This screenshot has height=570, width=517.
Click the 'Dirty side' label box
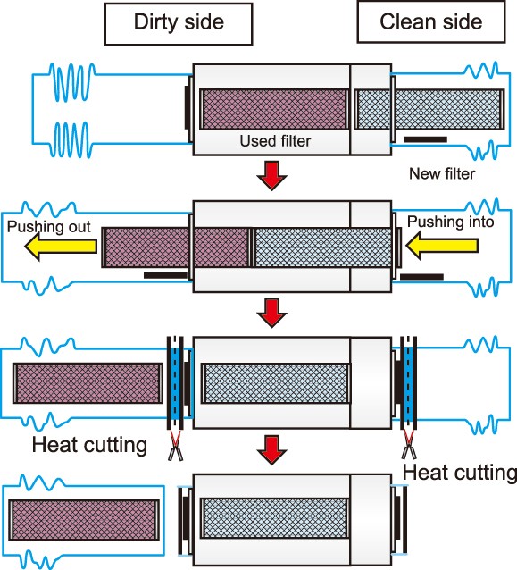click(179, 24)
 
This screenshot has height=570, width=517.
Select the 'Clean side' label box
click(431, 22)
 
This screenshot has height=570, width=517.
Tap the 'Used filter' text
click(275, 141)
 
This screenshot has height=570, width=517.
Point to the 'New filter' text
click(442, 173)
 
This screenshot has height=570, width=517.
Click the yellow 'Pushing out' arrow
click(61, 246)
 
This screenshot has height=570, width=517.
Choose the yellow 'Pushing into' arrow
click(442, 246)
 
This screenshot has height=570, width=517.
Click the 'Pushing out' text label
click(49, 226)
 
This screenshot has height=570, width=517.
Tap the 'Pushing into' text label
click(451, 222)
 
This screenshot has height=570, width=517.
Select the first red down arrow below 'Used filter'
click(271, 176)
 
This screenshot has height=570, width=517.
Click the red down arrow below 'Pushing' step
click(271, 313)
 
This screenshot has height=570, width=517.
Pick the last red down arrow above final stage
click(271, 450)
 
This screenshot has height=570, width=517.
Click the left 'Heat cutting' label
click(89, 445)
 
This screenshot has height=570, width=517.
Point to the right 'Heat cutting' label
click(460, 473)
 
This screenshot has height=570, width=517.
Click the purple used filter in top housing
click(274, 109)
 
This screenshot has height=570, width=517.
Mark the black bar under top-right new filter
click(425, 139)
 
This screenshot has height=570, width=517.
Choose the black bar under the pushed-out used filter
click(166, 275)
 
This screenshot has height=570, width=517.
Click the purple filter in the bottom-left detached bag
click(84, 520)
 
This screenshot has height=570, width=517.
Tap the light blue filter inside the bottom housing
click(275, 519)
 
